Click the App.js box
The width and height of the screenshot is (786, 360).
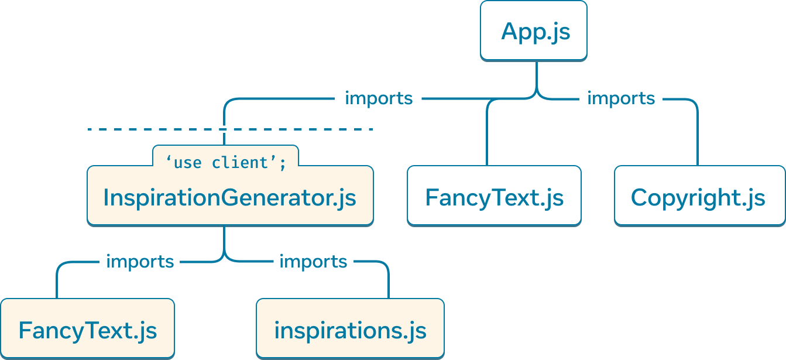tap(533, 30)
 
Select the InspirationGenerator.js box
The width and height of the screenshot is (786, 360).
tap(229, 197)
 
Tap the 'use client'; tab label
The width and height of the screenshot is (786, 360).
tap(225, 162)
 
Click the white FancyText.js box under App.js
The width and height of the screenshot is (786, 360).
tap(494, 197)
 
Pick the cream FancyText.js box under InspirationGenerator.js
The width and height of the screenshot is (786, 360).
tap(87, 330)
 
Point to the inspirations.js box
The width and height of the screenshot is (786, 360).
tap(350, 330)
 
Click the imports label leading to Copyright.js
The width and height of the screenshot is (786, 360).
tap(620, 98)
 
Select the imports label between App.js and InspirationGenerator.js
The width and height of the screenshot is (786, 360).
tap(379, 98)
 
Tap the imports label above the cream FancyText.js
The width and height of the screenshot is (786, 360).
tap(140, 261)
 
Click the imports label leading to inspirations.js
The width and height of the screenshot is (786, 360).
tap(313, 261)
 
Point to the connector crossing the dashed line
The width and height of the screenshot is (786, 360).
tap(224, 129)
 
